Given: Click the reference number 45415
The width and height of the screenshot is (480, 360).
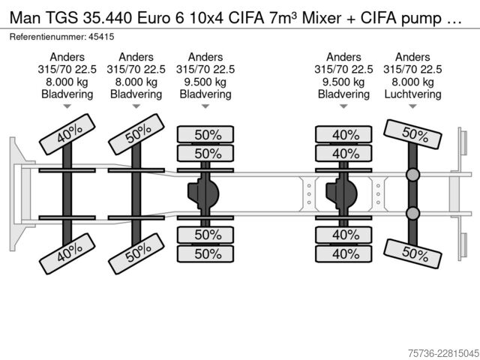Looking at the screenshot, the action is click(101, 37).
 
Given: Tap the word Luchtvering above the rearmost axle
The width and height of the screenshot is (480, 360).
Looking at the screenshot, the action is click(412, 94).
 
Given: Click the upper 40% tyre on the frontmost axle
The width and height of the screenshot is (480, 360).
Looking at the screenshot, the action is click(67, 134).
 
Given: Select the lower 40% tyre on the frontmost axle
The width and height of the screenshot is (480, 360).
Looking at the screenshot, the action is click(67, 253).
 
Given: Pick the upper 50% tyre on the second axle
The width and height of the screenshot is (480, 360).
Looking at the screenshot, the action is click(136, 134).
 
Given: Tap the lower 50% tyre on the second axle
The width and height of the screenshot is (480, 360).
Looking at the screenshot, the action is click(136, 253).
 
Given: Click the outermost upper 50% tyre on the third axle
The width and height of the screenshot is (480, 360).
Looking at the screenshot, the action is click(205, 134).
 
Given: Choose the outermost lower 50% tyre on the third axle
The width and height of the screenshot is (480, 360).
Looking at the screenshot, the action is click(205, 253).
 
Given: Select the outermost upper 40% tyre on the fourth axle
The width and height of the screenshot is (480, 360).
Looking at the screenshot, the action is click(343, 134).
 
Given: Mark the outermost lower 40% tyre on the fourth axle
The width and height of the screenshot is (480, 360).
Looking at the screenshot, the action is click(343, 253).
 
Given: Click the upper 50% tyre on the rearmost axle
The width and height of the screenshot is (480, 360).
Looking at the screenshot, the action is click(412, 134).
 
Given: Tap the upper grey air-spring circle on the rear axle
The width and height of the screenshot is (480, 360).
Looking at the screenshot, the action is click(412, 175).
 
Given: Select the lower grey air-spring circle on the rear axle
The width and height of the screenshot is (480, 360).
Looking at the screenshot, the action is click(412, 213).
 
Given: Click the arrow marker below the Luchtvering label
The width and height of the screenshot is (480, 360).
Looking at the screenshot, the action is click(412, 106).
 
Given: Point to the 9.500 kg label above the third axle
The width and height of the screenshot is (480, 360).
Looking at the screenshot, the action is click(205, 82).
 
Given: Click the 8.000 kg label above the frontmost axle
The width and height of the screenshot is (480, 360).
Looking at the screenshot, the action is click(67, 82).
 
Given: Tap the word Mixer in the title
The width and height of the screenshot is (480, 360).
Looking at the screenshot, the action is click(322, 18).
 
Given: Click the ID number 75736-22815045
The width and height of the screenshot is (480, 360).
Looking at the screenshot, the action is click(443, 353).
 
